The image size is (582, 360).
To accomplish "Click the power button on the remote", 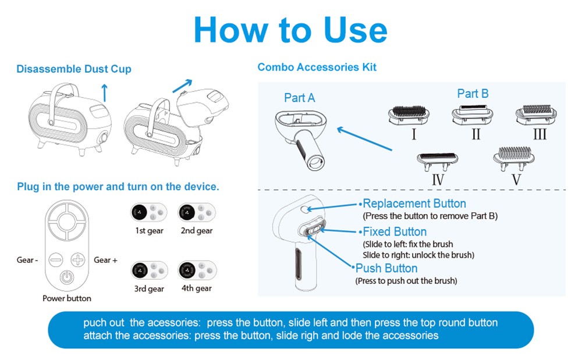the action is pos(67,276).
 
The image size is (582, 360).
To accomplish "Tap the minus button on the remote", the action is pos(56,259).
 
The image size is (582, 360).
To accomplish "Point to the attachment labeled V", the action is pos(514,158).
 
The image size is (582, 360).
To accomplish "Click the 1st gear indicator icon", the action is pos(149,213).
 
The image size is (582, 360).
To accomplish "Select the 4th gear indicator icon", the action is pos(197,270).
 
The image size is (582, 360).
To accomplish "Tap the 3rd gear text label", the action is pos(149,289).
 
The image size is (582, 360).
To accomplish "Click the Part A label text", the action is pos(300,98).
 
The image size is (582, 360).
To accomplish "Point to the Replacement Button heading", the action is pos(414,203).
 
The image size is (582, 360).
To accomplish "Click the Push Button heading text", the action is pos(386,268).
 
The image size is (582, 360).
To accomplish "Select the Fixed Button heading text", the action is pos(395,231).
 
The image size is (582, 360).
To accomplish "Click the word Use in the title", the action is pos(355,30).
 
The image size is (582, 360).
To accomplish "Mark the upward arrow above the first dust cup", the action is pos(105,92).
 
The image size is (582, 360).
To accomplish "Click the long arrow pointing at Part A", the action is pos(364,138).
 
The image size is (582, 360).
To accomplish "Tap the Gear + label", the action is pos(105,260).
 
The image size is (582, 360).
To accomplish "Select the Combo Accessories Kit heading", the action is pos(317,67).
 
